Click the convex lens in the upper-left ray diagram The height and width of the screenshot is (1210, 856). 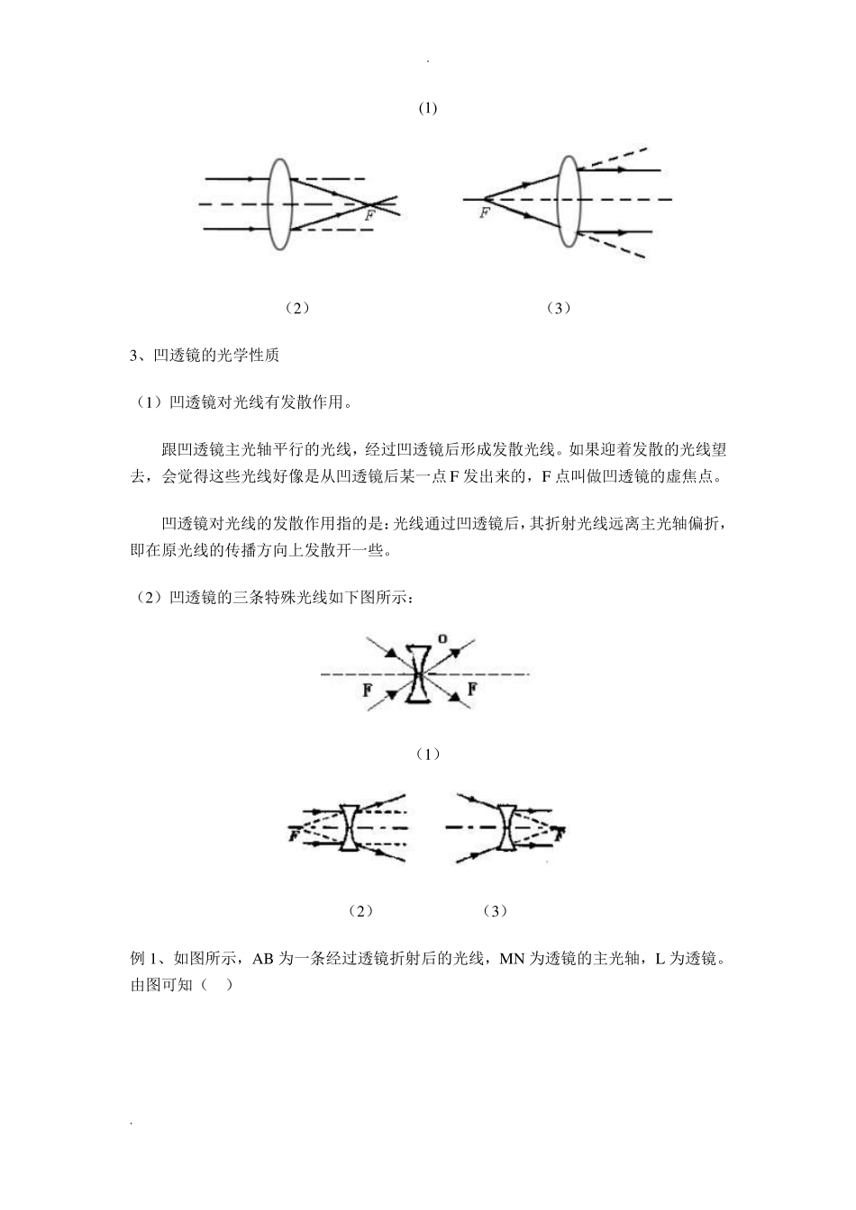pyautogui.click(x=280, y=204)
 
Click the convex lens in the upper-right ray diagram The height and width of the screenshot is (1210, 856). pyautogui.click(x=568, y=199)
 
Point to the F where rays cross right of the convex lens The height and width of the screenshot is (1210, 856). pyautogui.click(x=369, y=216)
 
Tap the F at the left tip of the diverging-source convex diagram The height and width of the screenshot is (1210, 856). pyautogui.click(x=485, y=212)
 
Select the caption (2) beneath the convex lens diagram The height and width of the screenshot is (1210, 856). pyautogui.click(x=296, y=308)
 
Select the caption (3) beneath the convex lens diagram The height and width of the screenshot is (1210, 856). pyautogui.click(x=559, y=308)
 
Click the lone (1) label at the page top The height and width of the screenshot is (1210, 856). pyautogui.click(x=428, y=108)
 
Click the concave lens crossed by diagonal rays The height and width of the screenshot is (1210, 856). pyautogui.click(x=417, y=673)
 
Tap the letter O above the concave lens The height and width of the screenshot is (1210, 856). pyautogui.click(x=442, y=639)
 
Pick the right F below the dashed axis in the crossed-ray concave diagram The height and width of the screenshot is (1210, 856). pyautogui.click(x=472, y=691)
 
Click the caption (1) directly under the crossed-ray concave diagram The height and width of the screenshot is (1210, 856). pyautogui.click(x=428, y=754)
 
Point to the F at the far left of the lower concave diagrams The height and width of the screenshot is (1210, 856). pyautogui.click(x=293, y=836)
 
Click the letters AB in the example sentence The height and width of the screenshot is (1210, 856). pyautogui.click(x=263, y=960)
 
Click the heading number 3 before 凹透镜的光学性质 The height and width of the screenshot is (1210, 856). pyautogui.click(x=134, y=356)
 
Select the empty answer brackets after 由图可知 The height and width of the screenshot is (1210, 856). pyautogui.click(x=217, y=985)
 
